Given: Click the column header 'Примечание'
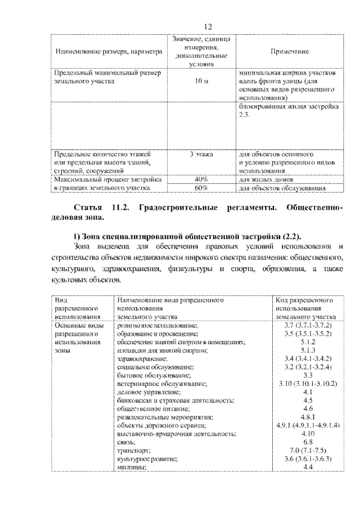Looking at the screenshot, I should (x=289, y=51).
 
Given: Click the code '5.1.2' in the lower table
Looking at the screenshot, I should (x=307, y=341).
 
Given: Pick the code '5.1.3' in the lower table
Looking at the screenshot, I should (x=307, y=350).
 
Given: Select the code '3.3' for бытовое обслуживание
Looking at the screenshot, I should (x=307, y=374).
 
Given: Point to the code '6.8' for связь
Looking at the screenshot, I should (x=307, y=442).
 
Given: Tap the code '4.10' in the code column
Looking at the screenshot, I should (x=307, y=434).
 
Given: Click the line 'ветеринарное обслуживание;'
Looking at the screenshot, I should (x=162, y=382).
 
